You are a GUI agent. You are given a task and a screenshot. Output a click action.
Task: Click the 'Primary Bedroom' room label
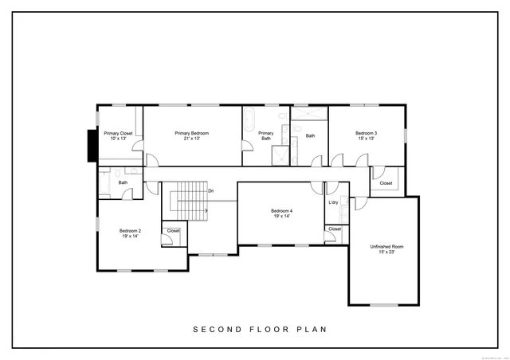[191, 133]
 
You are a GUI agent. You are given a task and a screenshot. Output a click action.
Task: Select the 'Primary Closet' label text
[117, 133]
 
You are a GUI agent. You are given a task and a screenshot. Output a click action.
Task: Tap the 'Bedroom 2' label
[131, 231]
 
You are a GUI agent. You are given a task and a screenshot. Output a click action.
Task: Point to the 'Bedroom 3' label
[366, 133]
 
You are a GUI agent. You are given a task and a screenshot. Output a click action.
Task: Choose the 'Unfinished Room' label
[386, 247]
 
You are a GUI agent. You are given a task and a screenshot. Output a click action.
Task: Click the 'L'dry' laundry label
[334, 203]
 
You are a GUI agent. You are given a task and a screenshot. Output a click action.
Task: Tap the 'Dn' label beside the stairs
[210, 191]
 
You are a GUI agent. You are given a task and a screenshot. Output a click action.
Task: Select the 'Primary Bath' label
[266, 136]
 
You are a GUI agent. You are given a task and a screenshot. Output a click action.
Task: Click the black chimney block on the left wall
[92, 144]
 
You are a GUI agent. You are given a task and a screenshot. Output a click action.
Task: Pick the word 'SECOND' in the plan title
[213, 329]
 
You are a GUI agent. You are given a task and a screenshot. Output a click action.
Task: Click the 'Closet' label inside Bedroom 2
[173, 231]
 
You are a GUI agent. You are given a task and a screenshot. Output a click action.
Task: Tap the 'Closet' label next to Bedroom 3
[386, 183]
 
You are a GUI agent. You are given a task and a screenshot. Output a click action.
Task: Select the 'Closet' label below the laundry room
[335, 229]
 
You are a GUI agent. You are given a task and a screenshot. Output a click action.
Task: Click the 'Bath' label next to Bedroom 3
[310, 135]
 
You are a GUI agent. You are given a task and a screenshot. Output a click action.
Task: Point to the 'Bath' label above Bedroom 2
[123, 182]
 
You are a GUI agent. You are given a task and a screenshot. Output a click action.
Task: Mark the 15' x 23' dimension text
[386, 252]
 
